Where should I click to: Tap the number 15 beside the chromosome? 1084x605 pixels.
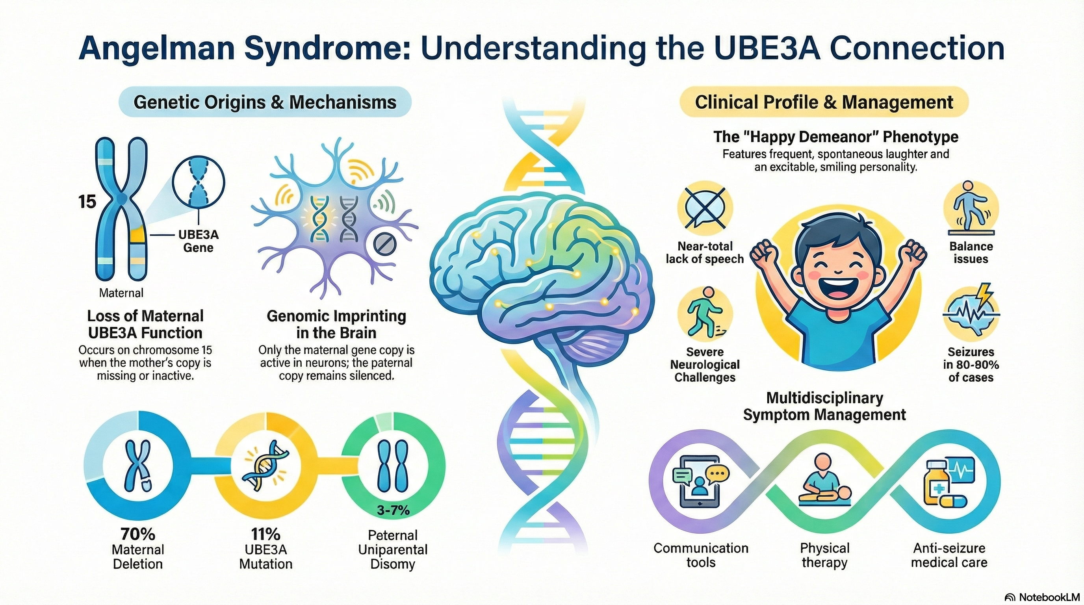[x=87, y=202]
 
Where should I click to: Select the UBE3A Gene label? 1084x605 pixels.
[x=198, y=241]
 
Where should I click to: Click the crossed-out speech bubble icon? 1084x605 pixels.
[x=704, y=208]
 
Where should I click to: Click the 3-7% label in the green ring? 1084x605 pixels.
[x=393, y=510]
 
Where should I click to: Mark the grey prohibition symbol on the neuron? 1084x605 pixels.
[x=385, y=244]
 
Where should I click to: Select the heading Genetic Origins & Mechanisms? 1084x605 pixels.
[x=265, y=102]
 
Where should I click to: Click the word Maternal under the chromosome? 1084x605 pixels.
[x=121, y=293]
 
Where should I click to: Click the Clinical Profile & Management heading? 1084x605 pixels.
[x=824, y=102]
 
